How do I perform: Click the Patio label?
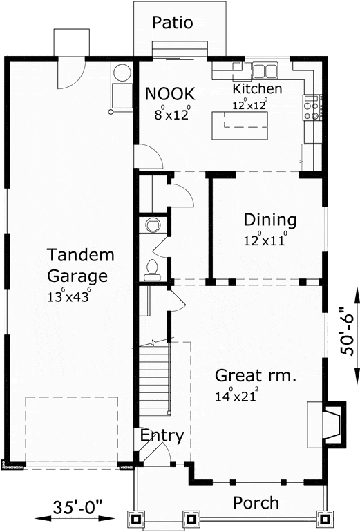pyautogui.click(x=172, y=23)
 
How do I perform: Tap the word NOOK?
pyautogui.click(x=170, y=94)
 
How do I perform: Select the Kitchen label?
pyautogui.click(x=257, y=88)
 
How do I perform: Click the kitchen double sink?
pyautogui.click(x=265, y=71)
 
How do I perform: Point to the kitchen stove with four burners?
pyautogui.click(x=312, y=107)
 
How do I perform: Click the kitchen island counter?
pyautogui.click(x=240, y=126)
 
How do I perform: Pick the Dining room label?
pyautogui.click(x=270, y=220)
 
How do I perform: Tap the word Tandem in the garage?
pyautogui.click(x=80, y=255)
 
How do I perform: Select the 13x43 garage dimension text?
pyautogui.click(x=69, y=295)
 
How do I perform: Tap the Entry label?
pyautogui.click(x=162, y=435)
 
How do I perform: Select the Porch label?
pyautogui.click(x=256, y=503)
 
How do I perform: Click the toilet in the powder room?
pyautogui.click(x=152, y=270)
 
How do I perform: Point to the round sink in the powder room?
pyautogui.click(x=153, y=225)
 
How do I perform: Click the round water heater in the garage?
pyautogui.click(x=122, y=73)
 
